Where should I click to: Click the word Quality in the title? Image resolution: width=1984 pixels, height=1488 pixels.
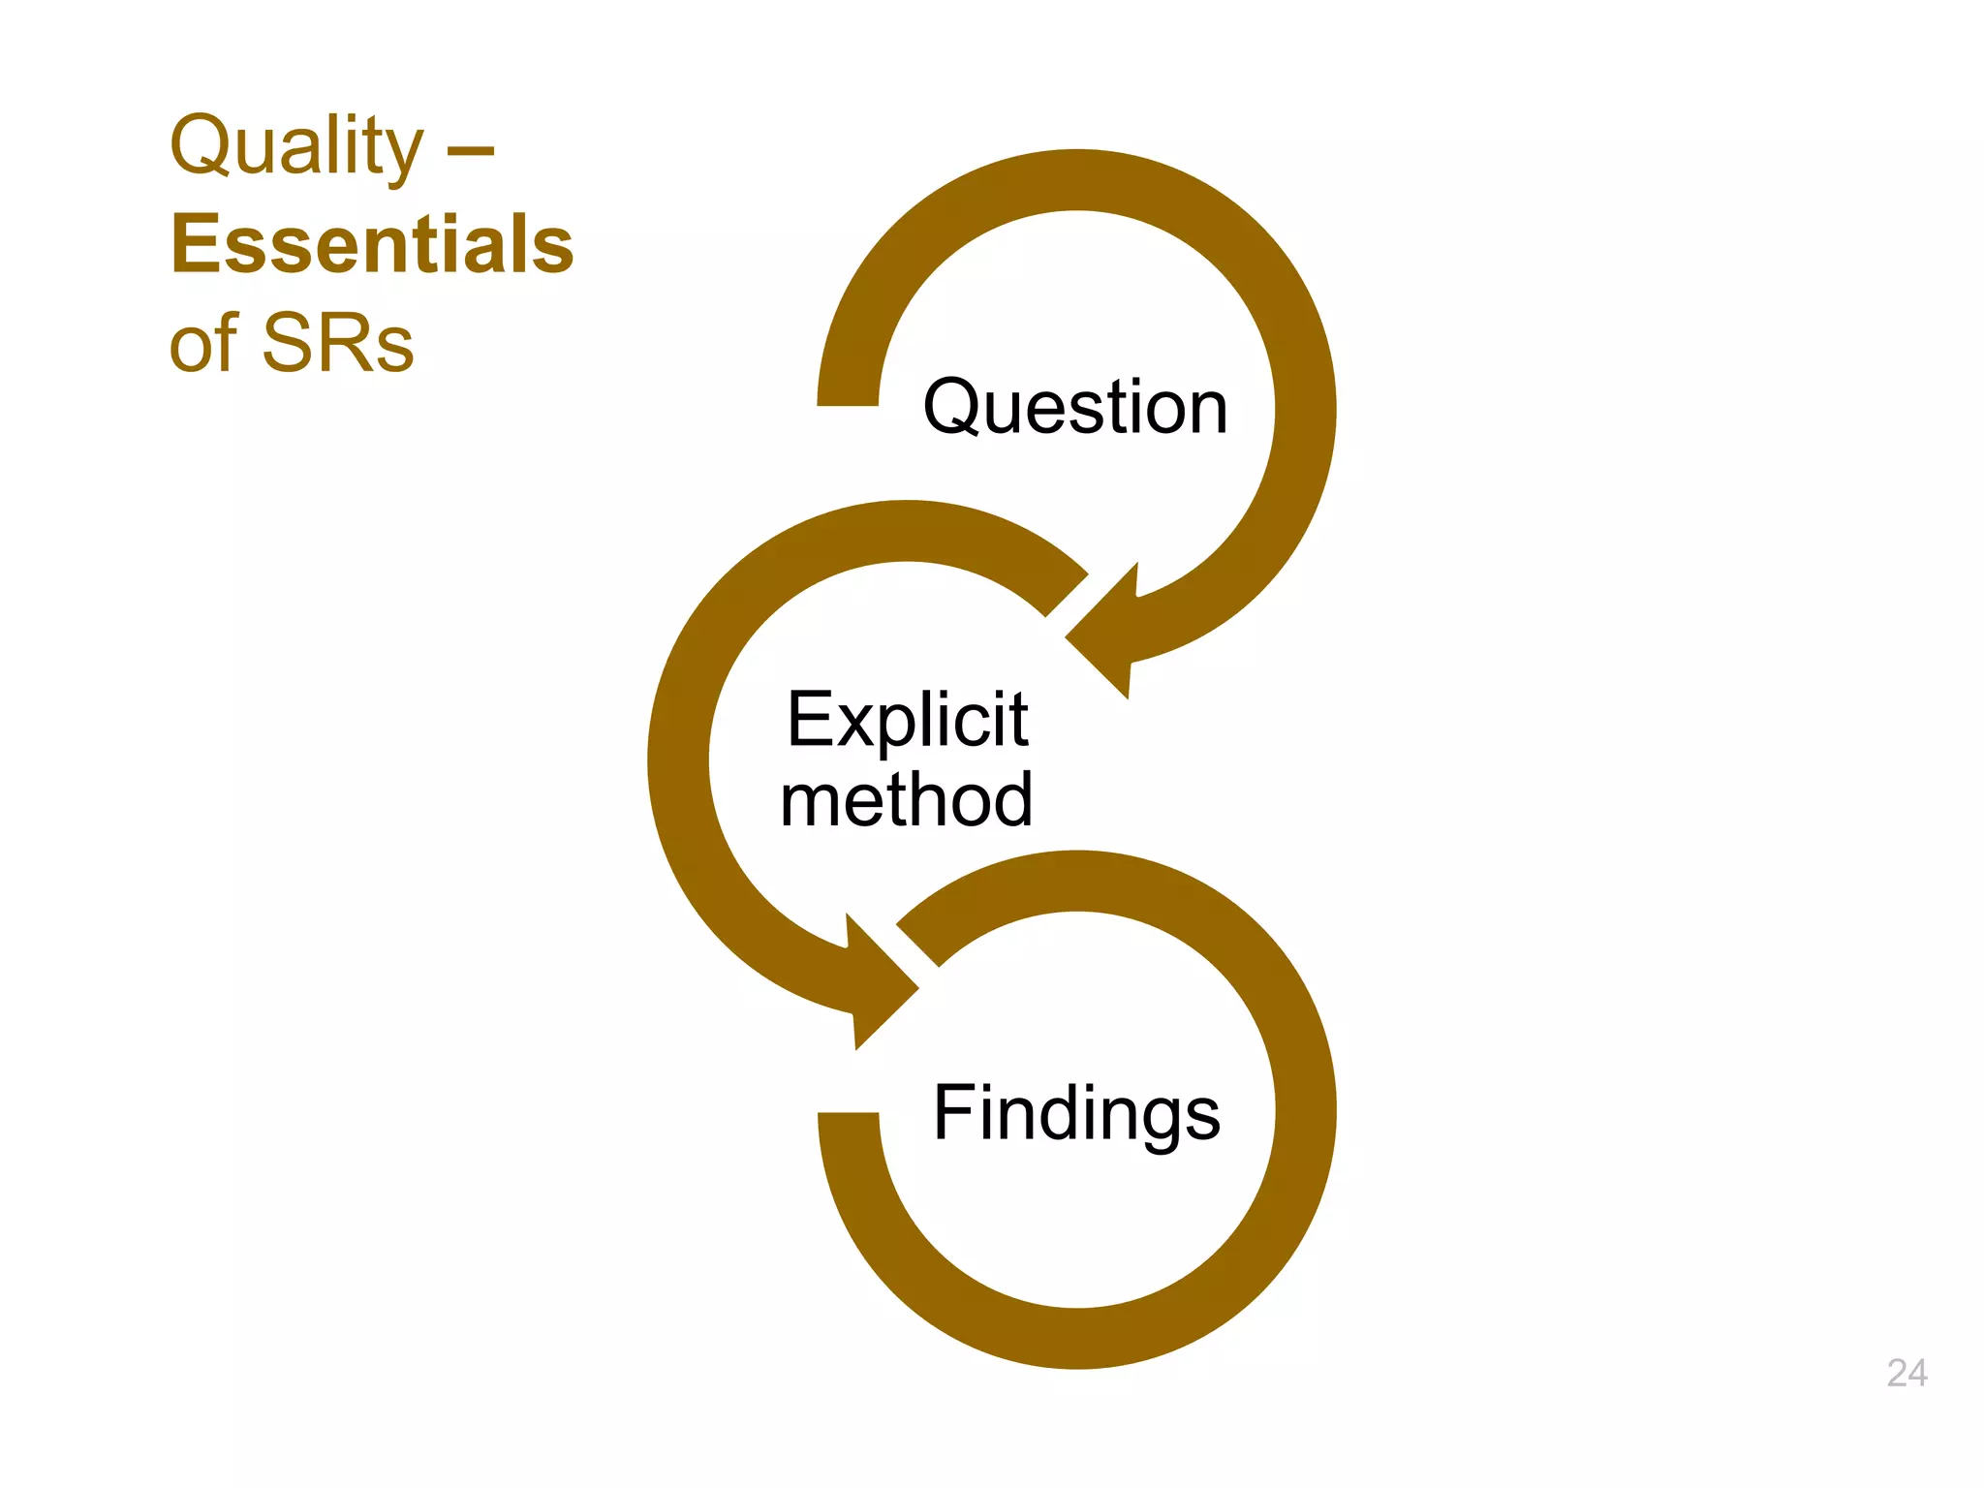click(296, 147)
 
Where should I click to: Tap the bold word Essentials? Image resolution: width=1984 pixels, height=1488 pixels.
click(372, 245)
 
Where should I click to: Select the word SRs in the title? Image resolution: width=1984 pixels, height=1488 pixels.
click(338, 343)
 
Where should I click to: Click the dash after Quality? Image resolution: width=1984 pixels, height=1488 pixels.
click(471, 151)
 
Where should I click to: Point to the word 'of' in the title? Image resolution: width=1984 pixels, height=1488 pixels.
click(202, 343)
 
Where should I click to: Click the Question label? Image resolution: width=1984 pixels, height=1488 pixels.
click(1075, 407)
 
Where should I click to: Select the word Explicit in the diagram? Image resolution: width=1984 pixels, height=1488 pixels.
click(907, 720)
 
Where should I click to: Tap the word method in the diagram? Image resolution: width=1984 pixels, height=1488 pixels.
click(907, 800)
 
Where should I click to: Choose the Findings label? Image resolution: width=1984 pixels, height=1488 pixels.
click(1076, 1113)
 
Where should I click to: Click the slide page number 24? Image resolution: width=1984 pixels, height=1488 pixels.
click(1906, 1373)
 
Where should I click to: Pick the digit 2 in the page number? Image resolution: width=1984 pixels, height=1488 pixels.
click(1897, 1373)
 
